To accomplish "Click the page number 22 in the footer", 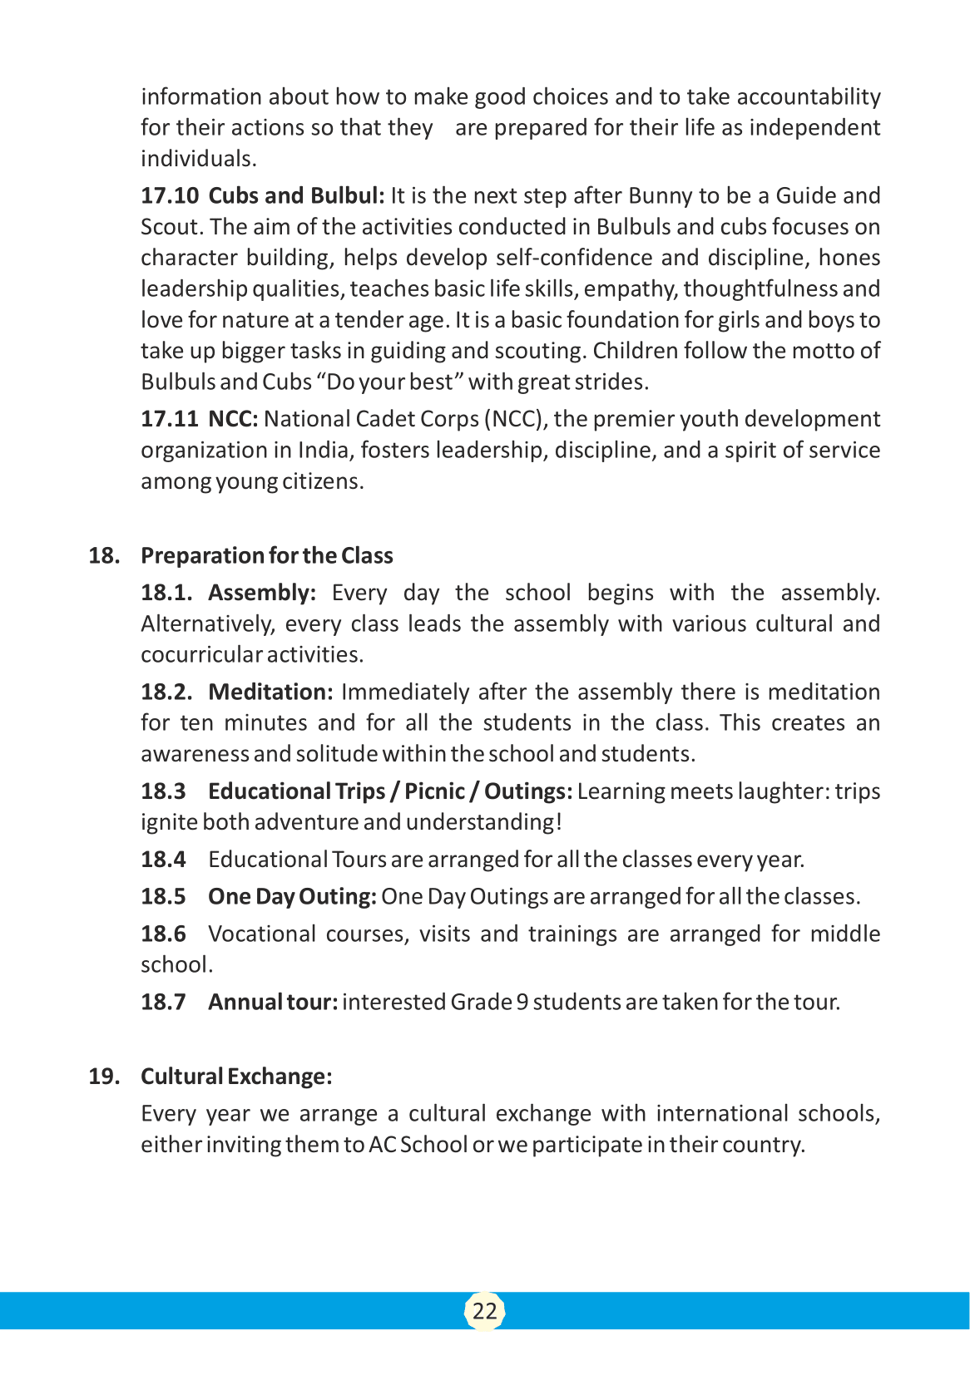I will (484, 1311).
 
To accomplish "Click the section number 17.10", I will (170, 196).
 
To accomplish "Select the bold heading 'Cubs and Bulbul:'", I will (296, 196).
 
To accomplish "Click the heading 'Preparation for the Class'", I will (266, 555).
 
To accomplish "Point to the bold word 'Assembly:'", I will (262, 593).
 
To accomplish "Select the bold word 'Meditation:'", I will (270, 692).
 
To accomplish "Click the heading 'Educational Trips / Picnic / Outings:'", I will (389, 791).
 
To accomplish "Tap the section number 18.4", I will (163, 860).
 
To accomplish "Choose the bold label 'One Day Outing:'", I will (292, 897).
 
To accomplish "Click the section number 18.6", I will (163, 934).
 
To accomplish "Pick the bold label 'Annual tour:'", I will (273, 1003).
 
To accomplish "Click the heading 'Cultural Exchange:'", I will (236, 1077).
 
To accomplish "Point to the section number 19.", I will (103, 1077).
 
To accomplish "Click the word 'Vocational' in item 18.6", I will (261, 934).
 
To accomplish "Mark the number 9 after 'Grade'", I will (522, 1003).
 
